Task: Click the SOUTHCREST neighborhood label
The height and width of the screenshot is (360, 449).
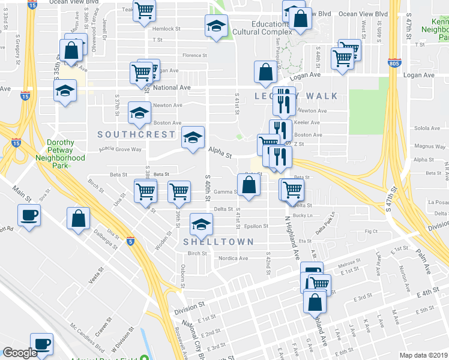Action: pyautogui.click(x=136, y=134)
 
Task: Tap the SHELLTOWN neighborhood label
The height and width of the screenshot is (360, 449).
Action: pyautogui.click(x=218, y=241)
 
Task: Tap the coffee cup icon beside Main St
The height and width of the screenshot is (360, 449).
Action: pyautogui.click(x=29, y=215)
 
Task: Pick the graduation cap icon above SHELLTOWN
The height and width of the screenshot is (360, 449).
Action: pyautogui.click(x=201, y=224)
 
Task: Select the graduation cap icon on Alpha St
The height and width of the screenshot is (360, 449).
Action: pyautogui.click(x=193, y=137)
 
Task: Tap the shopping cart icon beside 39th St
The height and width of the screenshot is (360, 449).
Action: pyautogui.click(x=179, y=191)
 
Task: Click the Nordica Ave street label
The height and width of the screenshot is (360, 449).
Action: pyautogui.click(x=234, y=259)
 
